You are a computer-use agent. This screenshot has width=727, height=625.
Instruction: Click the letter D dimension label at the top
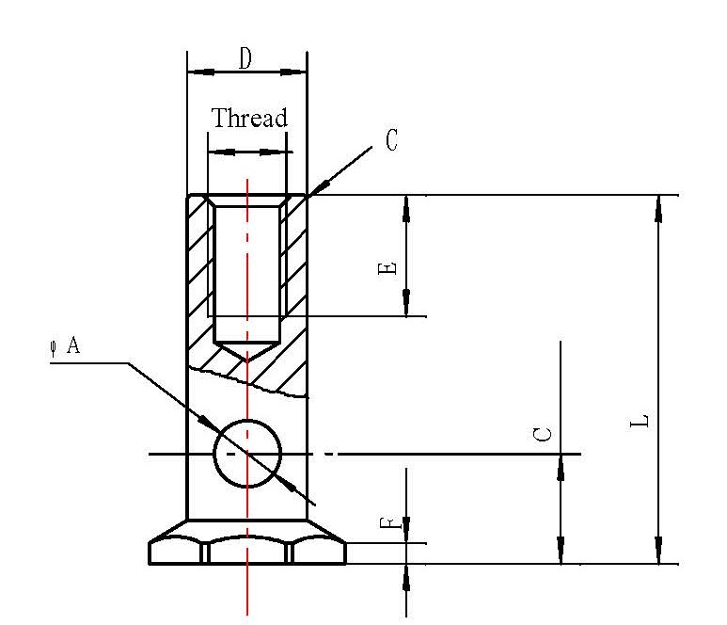245,59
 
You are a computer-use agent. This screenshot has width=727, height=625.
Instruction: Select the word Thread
248,119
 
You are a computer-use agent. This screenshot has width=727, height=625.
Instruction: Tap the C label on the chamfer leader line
391,141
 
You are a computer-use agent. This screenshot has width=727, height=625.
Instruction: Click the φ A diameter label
65,346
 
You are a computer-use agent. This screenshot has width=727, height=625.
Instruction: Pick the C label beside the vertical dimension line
543,435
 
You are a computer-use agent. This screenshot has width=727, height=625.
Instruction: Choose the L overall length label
639,420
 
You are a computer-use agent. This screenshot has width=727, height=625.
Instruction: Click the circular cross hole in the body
247,453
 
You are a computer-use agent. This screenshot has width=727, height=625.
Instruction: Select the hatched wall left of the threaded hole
199,264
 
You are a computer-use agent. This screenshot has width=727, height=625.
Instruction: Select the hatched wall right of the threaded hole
293,264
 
